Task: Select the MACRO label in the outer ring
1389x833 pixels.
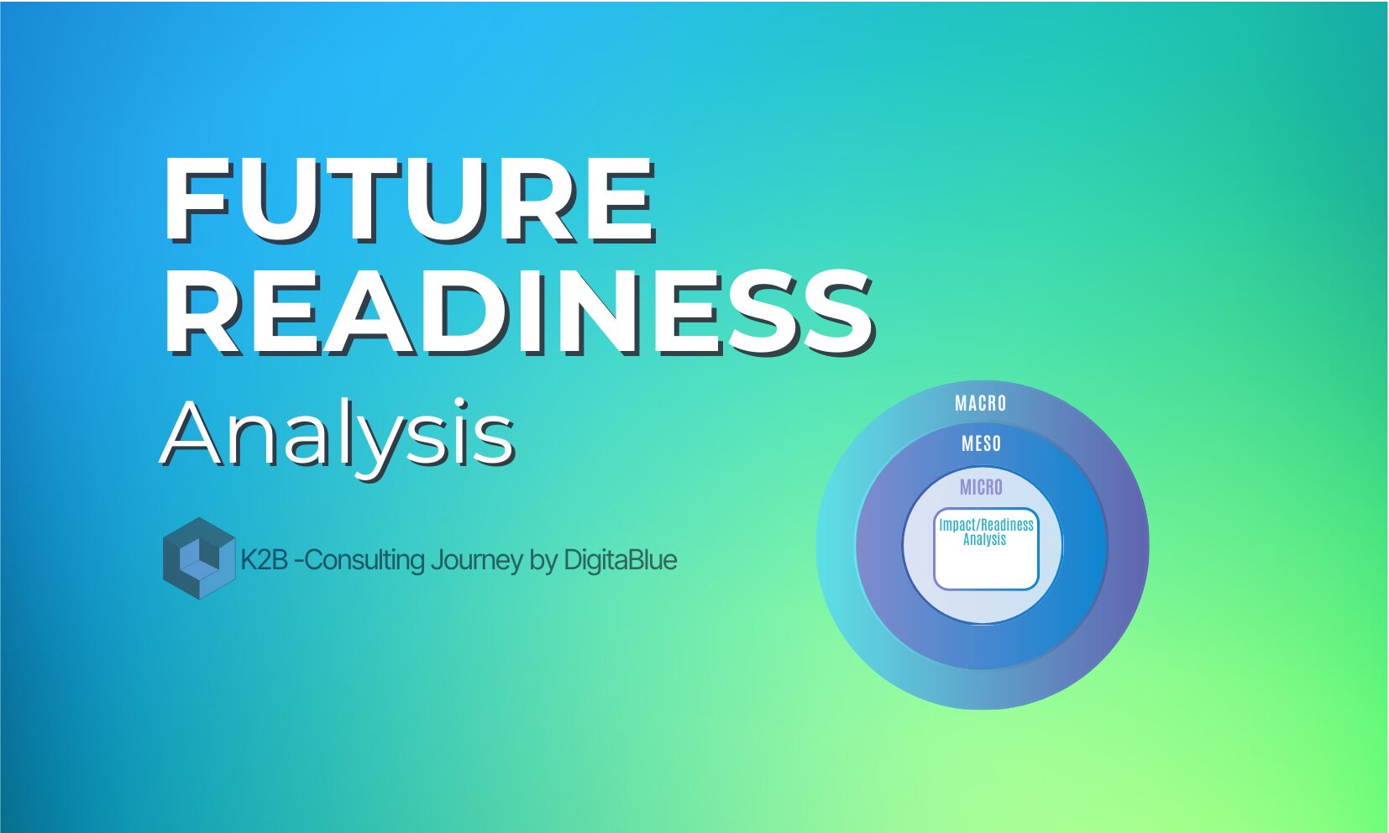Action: tap(980, 403)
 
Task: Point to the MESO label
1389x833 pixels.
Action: tap(981, 443)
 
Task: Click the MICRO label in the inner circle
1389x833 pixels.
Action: tap(981, 487)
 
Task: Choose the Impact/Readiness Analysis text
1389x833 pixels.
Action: tap(986, 532)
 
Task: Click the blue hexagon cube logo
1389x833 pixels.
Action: tap(199, 558)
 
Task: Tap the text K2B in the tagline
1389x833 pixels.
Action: tap(264, 560)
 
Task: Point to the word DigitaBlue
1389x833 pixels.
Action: tap(620, 560)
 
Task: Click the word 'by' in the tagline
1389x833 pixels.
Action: tap(544, 561)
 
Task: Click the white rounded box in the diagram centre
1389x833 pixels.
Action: tap(986, 549)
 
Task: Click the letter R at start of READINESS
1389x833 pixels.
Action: tap(202, 312)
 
